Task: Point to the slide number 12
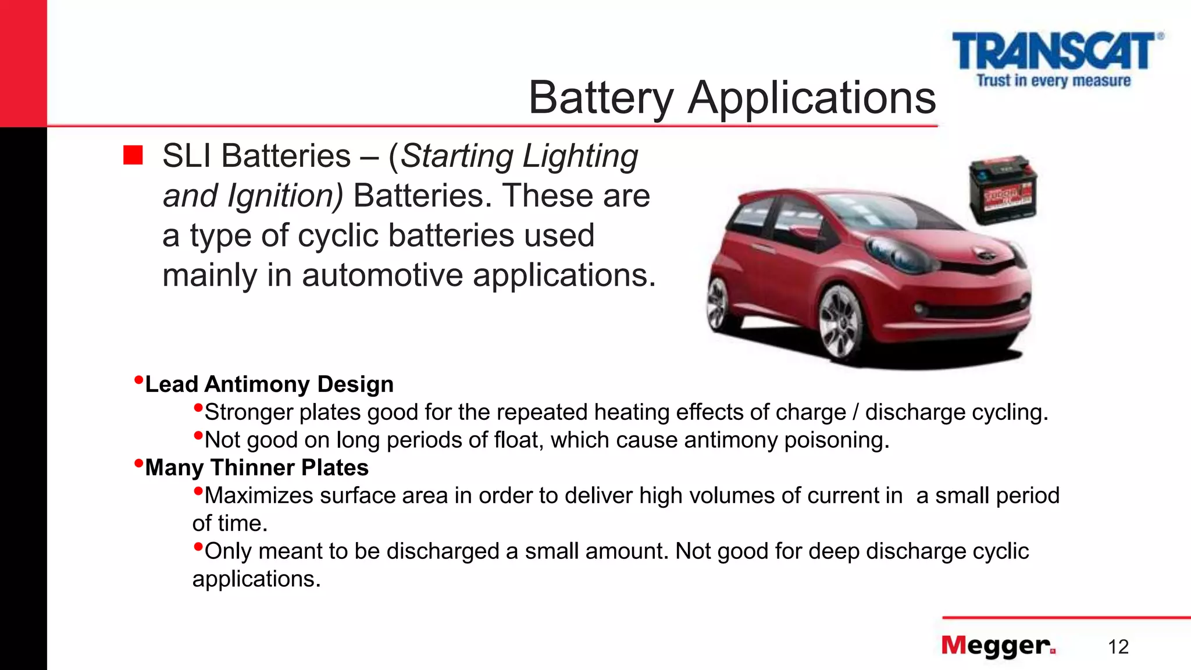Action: (x=1118, y=647)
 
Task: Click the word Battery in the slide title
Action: (x=601, y=98)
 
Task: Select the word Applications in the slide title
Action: (x=812, y=98)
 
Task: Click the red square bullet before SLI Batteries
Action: (x=133, y=155)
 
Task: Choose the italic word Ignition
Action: (x=285, y=196)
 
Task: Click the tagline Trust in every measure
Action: (x=1053, y=80)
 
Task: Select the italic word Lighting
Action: (x=580, y=156)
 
